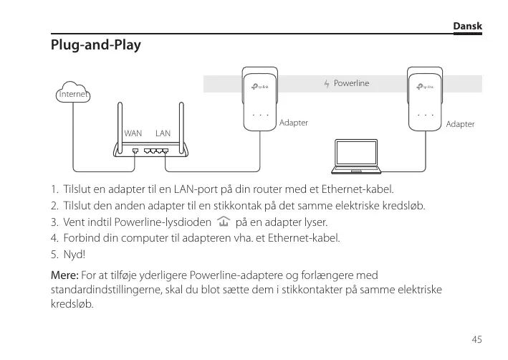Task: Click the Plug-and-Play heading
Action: [x=95, y=45]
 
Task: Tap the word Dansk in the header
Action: [x=468, y=27]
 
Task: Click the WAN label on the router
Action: [x=133, y=133]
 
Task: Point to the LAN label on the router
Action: [x=163, y=133]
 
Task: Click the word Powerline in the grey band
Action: [x=351, y=84]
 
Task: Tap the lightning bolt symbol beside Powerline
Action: [x=327, y=85]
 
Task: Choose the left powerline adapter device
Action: [x=259, y=100]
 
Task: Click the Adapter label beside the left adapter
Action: [x=294, y=123]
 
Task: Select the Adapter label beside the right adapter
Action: [x=460, y=124]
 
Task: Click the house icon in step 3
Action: [x=224, y=222]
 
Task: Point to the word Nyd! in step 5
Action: [x=74, y=255]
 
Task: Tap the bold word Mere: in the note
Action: [x=64, y=275]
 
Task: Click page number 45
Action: [x=476, y=338]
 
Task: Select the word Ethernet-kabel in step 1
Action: [x=360, y=190]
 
